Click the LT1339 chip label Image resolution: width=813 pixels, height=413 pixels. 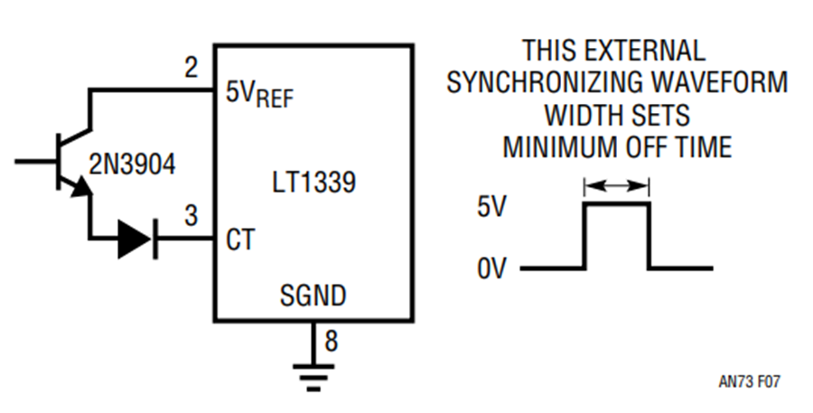coord(314,183)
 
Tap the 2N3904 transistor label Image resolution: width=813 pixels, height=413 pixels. coord(133,164)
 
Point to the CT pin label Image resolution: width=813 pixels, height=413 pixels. coord(240,239)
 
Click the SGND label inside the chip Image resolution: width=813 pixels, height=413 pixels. coord(313,296)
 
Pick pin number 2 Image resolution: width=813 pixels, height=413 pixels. coord(192,68)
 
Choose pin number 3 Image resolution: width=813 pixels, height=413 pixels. coord(192,215)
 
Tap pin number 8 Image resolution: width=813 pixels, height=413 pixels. coord(332,341)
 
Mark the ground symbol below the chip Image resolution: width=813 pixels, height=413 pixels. coord(313,376)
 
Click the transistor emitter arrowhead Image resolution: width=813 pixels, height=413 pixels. coord(80,187)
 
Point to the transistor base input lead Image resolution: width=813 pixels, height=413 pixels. coord(36,162)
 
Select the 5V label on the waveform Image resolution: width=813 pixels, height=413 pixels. coord(491,208)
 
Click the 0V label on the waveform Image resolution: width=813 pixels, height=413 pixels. coord(491,268)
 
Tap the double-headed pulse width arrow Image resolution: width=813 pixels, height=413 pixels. coord(616,185)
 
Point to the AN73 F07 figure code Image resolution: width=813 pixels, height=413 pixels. coord(749,382)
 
